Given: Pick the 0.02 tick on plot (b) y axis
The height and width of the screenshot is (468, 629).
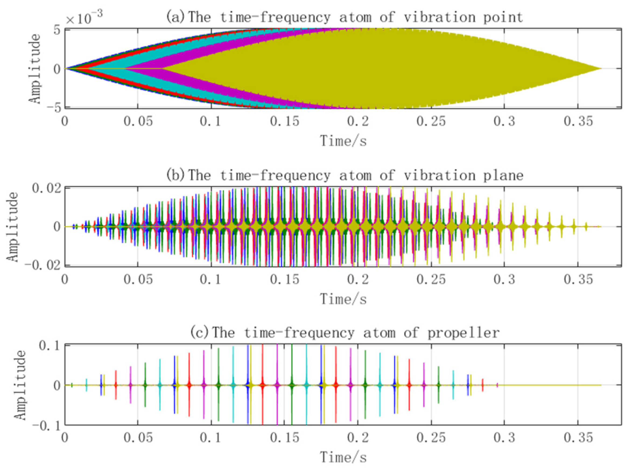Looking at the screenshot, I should click(x=46, y=188).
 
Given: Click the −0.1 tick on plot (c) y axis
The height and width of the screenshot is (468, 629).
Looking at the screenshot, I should click(x=46, y=425).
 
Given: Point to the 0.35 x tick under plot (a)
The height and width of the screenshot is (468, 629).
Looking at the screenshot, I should click(x=578, y=122).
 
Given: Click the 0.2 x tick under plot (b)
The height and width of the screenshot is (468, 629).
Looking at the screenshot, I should click(x=358, y=280).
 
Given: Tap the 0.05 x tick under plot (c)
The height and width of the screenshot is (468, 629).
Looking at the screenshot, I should click(x=138, y=438).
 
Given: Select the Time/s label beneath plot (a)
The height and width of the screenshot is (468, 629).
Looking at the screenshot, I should click(x=343, y=141).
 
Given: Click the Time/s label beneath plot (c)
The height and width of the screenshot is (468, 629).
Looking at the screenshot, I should click(x=343, y=457).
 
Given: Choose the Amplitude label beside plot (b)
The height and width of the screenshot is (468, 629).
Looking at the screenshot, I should click(x=12, y=227).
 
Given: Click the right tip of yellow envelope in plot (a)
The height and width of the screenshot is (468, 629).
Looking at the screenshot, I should click(x=600, y=68).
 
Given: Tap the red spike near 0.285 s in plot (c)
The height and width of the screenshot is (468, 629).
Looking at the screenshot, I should click(x=482, y=385).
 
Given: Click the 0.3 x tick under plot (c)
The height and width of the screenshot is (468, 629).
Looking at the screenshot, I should click(x=504, y=438).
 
